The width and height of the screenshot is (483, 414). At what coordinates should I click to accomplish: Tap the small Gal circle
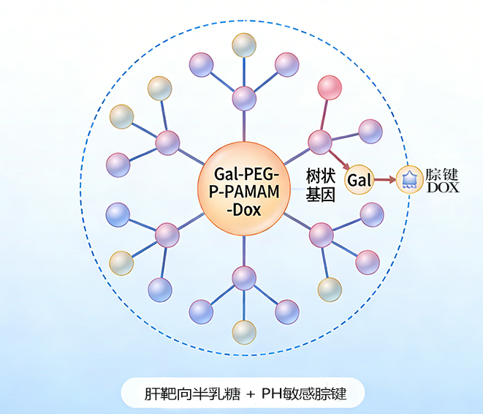tap(359, 179)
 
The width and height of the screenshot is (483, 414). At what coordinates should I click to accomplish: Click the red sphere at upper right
tap(330, 87)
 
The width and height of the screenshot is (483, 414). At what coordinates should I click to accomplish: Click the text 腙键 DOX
tap(442, 180)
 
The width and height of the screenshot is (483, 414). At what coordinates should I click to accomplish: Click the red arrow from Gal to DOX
tap(385, 179)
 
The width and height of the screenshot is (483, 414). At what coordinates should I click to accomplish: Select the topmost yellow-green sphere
tap(244, 45)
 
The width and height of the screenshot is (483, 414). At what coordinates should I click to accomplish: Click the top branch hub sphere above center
tap(244, 97)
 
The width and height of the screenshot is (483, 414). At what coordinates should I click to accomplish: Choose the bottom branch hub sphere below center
tap(244, 278)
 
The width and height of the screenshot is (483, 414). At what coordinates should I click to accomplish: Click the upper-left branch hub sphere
tap(167, 142)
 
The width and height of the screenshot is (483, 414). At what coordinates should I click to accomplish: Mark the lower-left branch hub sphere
tap(167, 235)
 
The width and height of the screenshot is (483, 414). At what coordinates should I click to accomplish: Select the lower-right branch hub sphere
tap(321, 235)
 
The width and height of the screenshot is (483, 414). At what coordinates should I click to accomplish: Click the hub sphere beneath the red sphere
tap(319, 141)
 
